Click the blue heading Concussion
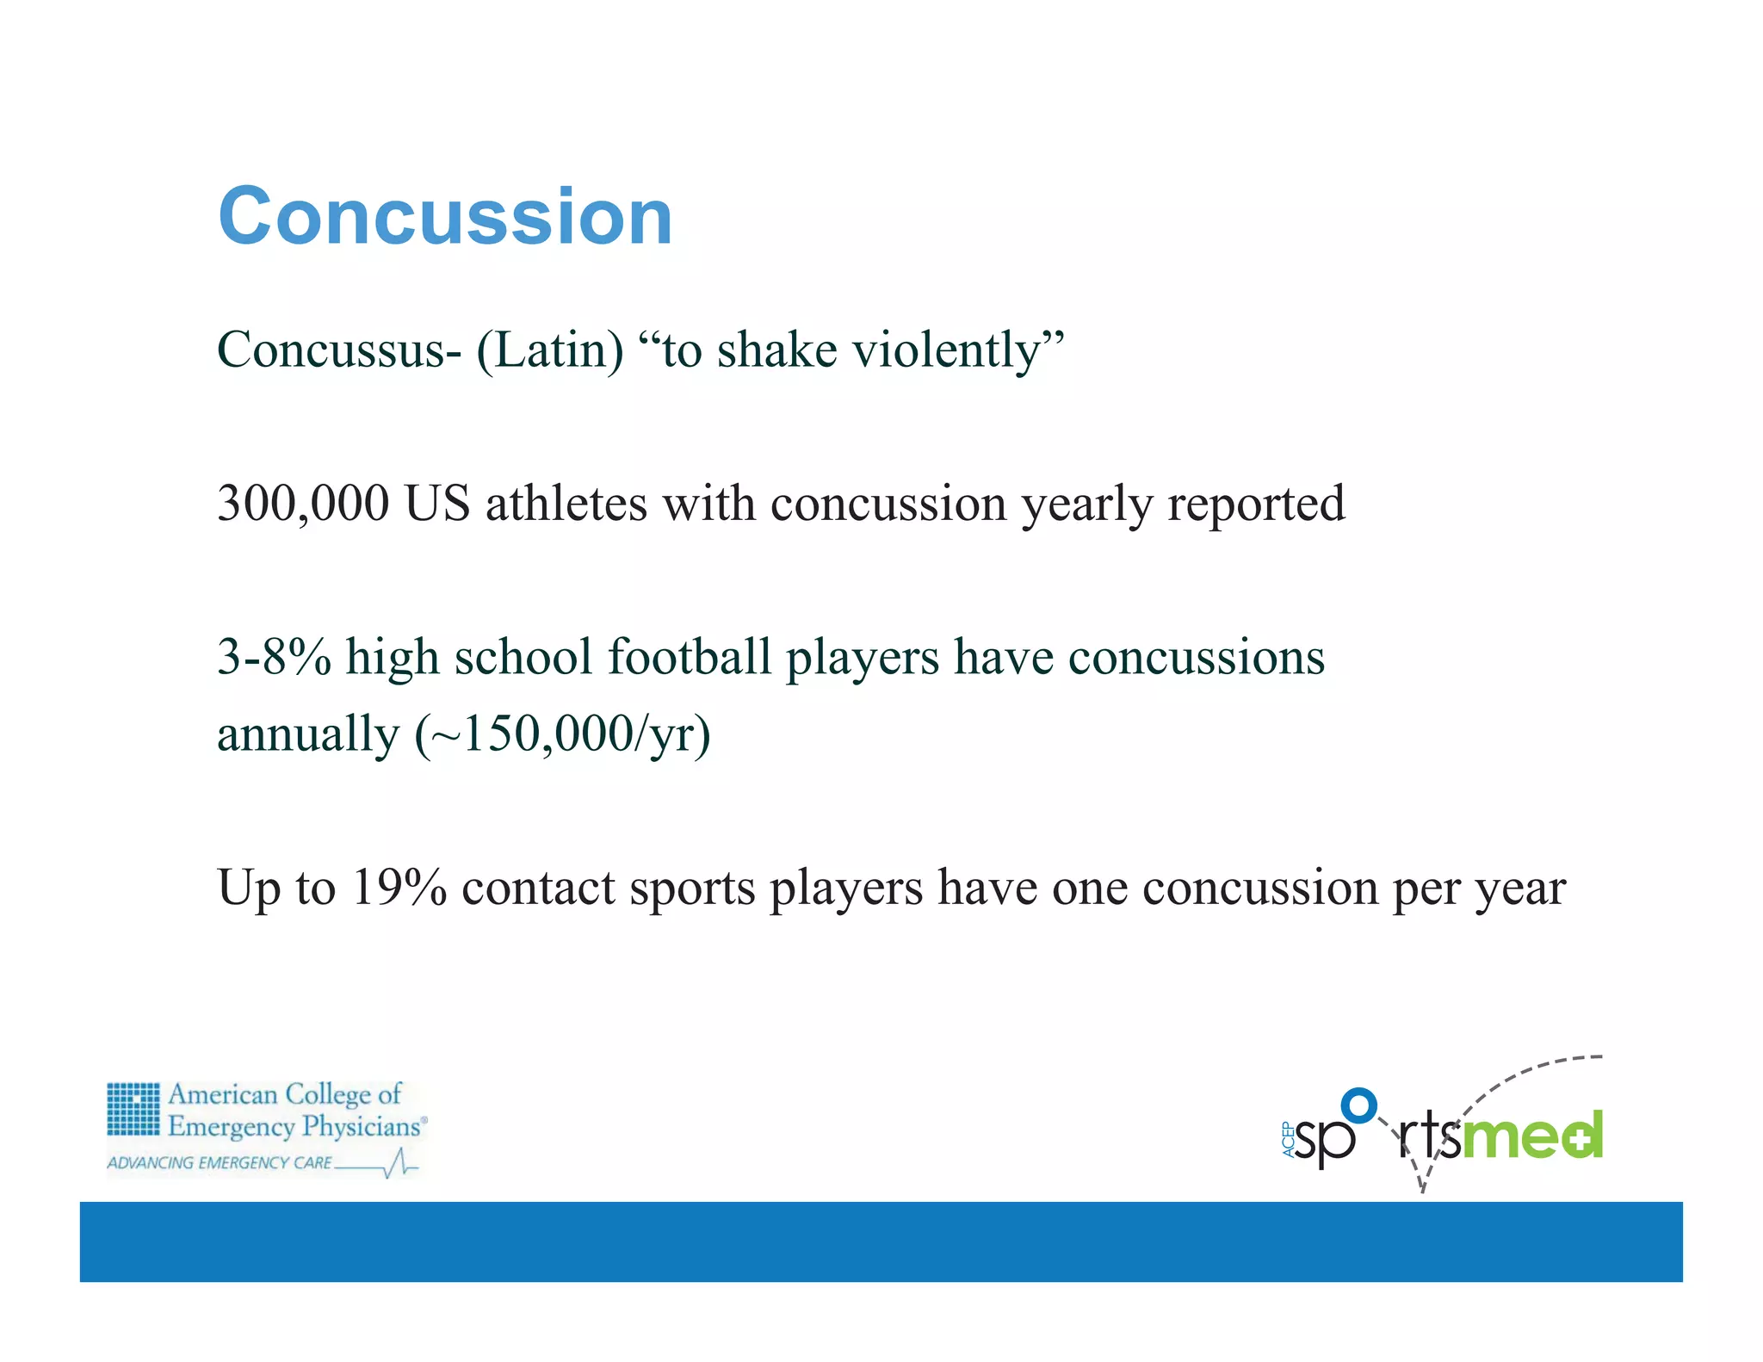pyautogui.click(x=445, y=217)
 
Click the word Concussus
pyautogui.click(x=331, y=350)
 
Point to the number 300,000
pyautogui.click(x=303, y=504)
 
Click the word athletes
pyautogui.click(x=566, y=504)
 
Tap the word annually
pyautogui.click(x=307, y=734)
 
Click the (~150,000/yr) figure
pyautogui.click(x=563, y=734)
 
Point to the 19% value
pyautogui.click(x=399, y=888)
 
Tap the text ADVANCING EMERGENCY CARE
pyautogui.click(x=219, y=1163)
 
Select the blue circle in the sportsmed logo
pyautogui.click(x=1358, y=1105)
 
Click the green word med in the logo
pyautogui.click(x=1532, y=1136)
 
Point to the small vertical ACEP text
pyautogui.click(x=1288, y=1138)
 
